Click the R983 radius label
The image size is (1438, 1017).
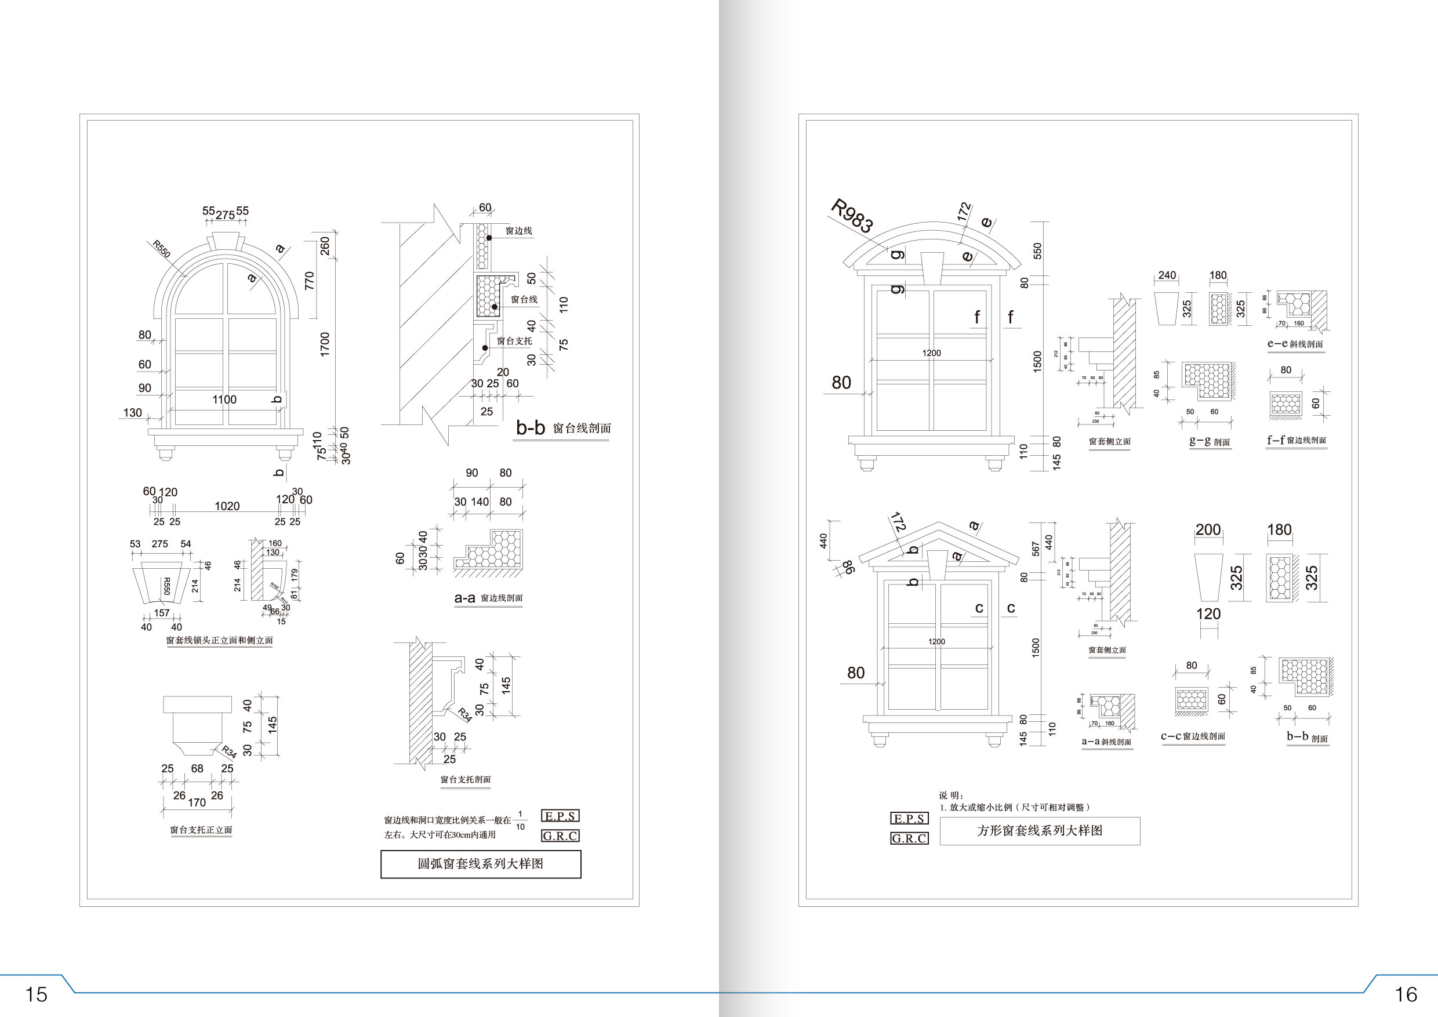(x=852, y=216)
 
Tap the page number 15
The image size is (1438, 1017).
(x=36, y=994)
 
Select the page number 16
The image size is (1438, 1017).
(x=1406, y=994)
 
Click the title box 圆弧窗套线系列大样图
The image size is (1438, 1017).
(x=480, y=864)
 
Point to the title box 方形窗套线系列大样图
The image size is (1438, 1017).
(x=1040, y=831)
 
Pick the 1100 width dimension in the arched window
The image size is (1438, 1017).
(x=224, y=399)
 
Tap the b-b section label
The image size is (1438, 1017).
(x=531, y=428)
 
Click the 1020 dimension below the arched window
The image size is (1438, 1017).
(x=227, y=506)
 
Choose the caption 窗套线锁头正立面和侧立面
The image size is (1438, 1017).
(x=219, y=641)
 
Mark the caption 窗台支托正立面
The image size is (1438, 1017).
(x=201, y=830)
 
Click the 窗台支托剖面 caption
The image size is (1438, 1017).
(x=466, y=780)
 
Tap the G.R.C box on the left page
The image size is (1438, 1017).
(x=560, y=836)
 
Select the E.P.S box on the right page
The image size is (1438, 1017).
(x=909, y=819)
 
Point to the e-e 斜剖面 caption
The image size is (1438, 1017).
(x=1295, y=344)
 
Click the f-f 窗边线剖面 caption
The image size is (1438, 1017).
(x=1296, y=440)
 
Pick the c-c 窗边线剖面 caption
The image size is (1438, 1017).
(x=1193, y=736)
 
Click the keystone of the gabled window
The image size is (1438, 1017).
(x=938, y=565)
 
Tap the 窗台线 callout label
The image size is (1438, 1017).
(x=524, y=299)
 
